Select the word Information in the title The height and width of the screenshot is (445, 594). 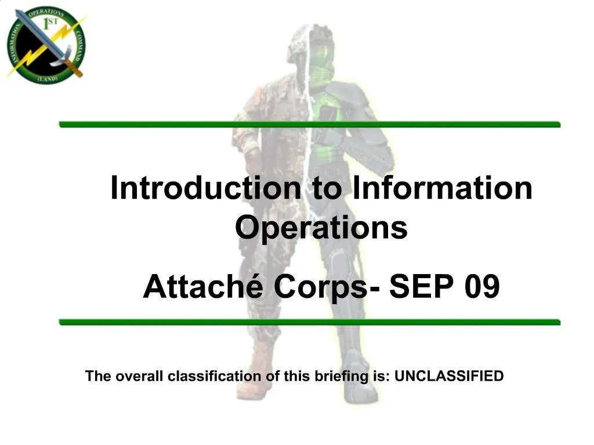[x=442, y=188]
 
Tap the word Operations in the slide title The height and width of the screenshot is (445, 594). [x=321, y=228]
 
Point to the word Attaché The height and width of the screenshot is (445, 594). [x=204, y=286]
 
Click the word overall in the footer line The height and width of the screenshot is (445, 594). [x=140, y=376]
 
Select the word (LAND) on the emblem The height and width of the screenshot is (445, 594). [x=46, y=77]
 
